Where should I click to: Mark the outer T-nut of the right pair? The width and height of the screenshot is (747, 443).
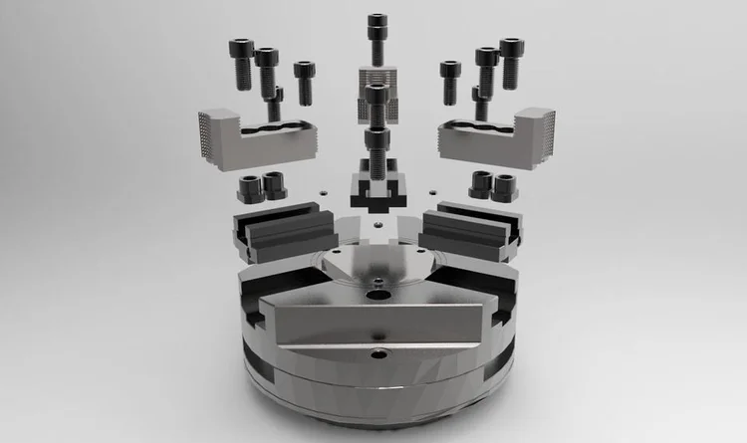click(x=503, y=186)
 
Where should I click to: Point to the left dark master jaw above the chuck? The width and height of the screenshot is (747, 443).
click(x=281, y=231)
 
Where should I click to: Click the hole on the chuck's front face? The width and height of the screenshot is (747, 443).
click(x=378, y=354)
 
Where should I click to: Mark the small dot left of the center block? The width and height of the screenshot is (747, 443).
click(x=322, y=191)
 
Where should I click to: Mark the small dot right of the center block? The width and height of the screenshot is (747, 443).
click(x=432, y=191)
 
